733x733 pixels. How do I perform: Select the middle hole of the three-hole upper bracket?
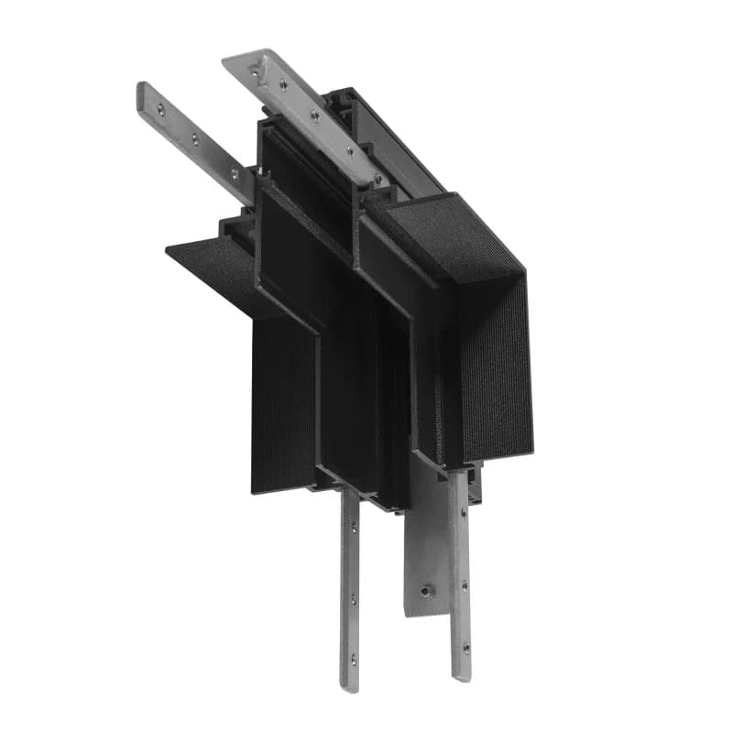coord(194,139)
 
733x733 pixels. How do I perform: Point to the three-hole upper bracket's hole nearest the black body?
coord(234,171)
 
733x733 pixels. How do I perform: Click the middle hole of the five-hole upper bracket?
coord(313,115)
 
